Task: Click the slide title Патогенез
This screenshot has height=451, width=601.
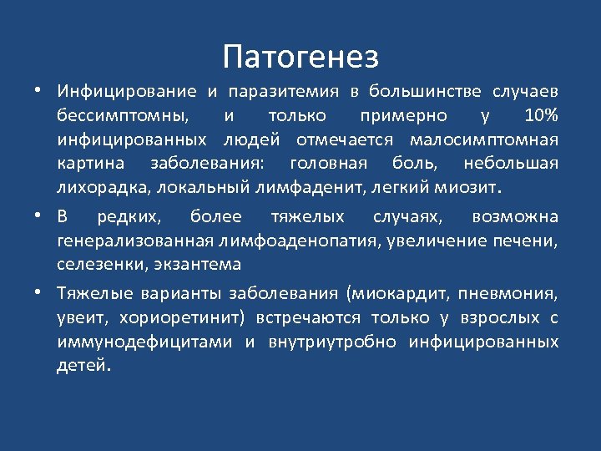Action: [300, 57]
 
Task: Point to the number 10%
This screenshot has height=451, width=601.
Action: [541, 114]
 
